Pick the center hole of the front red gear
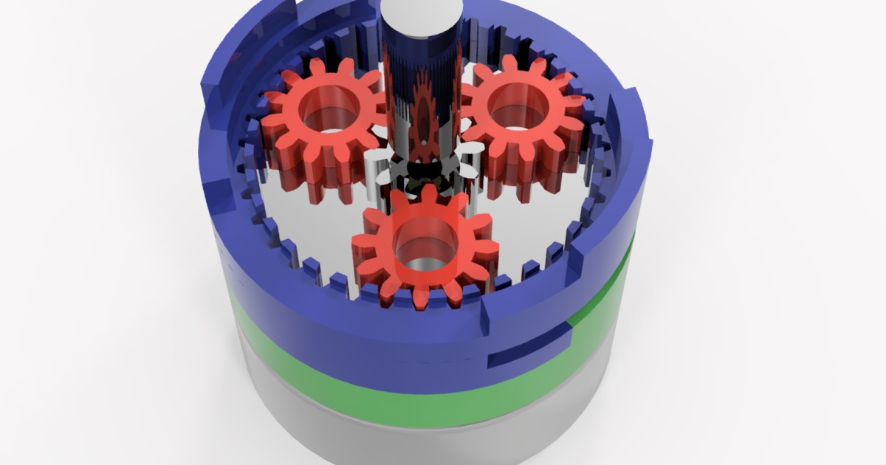(x=424, y=244)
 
